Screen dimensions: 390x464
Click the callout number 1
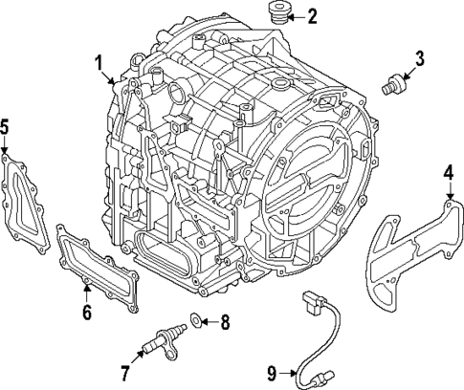point(99,64)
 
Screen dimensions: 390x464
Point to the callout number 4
point(449,173)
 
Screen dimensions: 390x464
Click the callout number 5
point(5,126)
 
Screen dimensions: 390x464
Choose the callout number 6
point(86,312)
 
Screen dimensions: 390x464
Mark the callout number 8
point(225,322)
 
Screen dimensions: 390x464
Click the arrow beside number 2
point(298,15)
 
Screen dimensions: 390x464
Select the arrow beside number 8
point(210,322)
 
